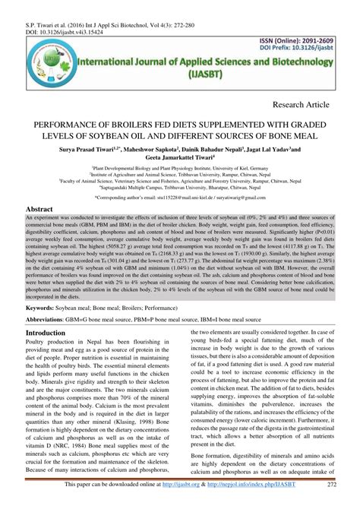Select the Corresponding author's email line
pos(179,197)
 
